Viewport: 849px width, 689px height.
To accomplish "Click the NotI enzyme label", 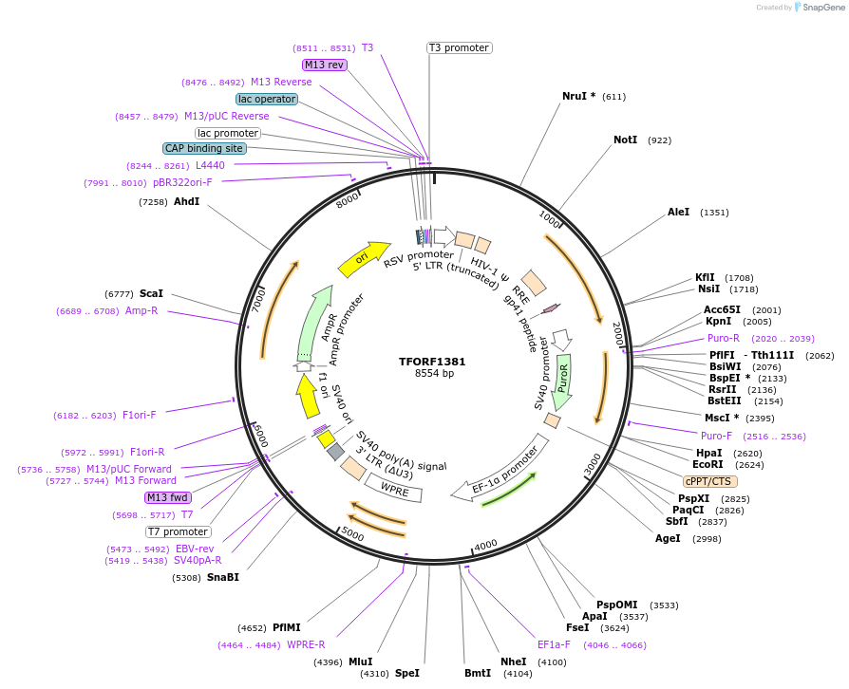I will pos(625,140).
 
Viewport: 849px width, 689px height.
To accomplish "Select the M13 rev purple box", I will pos(324,65).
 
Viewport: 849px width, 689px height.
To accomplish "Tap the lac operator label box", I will pos(267,99).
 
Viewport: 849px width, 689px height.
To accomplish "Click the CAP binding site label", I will pos(204,148).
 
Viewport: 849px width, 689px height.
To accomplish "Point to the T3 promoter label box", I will pos(459,47).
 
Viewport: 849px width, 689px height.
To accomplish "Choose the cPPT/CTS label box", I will pos(708,481).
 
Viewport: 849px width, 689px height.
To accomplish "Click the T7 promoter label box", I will pos(178,531).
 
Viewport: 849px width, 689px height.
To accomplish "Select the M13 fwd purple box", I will pos(167,497).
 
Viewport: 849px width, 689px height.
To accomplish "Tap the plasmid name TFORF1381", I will pos(433,361).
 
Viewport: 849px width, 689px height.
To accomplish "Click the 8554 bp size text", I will pos(434,374).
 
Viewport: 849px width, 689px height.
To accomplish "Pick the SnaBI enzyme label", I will pos(223,577).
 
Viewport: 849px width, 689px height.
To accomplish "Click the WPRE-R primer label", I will pos(306,644).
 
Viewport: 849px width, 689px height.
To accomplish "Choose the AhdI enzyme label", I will pos(186,201).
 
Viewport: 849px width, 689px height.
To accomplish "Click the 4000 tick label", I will pos(485,544).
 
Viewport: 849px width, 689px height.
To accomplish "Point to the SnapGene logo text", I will pos(821,8).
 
